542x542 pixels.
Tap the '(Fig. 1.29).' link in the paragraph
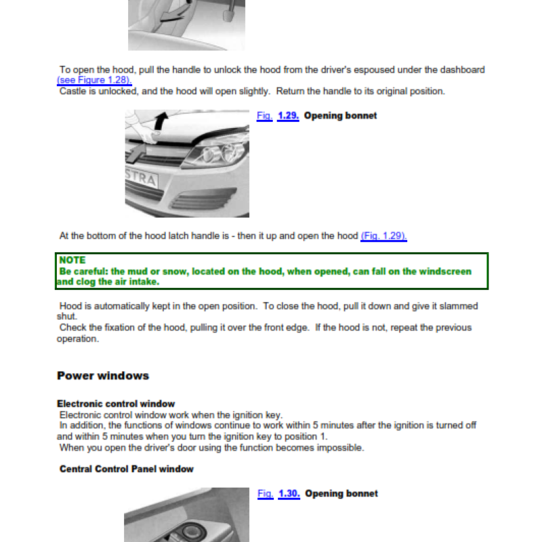tap(383, 236)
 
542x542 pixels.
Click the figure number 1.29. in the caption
tap(289, 116)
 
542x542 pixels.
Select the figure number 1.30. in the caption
tap(289, 494)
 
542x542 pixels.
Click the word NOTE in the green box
tap(72, 260)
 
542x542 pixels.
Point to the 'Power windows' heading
tap(103, 375)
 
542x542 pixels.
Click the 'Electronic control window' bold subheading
tap(116, 404)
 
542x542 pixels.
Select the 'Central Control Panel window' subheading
tap(127, 469)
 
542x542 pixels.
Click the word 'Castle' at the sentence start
tap(73, 91)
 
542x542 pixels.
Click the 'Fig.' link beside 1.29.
tap(264, 116)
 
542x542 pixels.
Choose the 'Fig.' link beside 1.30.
tap(265, 494)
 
